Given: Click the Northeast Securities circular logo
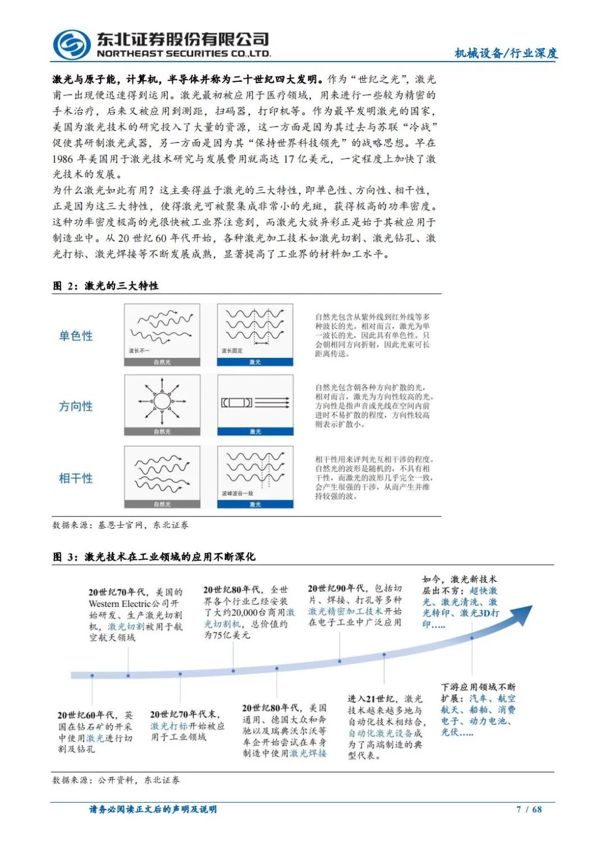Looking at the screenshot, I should point(71,44).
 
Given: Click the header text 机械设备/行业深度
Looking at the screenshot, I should point(506,53).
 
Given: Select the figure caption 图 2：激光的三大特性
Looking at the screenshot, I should point(105,286).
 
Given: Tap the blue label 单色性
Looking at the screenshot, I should point(76,336).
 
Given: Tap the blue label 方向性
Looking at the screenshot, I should point(76,407).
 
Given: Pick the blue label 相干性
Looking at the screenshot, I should point(76,478).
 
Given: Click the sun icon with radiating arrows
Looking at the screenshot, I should point(162,402).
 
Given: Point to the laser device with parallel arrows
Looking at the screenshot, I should point(255,402).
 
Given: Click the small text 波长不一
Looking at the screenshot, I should point(139,351).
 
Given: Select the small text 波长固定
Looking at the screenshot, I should point(232,351).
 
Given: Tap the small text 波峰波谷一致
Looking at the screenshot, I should point(237,494).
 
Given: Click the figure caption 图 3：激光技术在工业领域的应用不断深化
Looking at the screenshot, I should point(154,557).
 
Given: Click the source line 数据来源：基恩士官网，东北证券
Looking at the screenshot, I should point(120,526).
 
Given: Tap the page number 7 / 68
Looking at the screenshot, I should point(529,809).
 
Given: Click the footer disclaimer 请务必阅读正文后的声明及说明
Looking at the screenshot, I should point(153,809).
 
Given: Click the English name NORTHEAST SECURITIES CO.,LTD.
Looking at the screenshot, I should point(183,54).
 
